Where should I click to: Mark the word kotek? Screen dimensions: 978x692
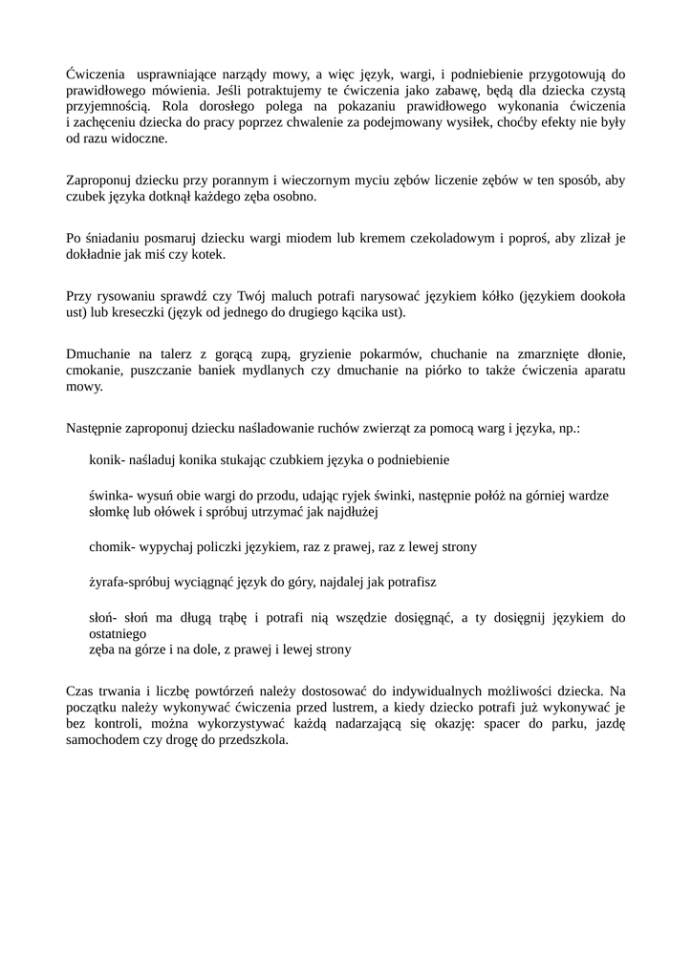(209, 255)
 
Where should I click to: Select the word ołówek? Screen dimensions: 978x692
(161, 512)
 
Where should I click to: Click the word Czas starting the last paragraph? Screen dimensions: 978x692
(81, 690)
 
